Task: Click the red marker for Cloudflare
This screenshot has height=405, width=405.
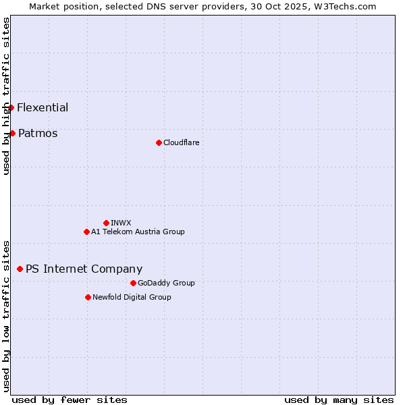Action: click(x=159, y=142)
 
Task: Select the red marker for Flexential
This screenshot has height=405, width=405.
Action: click(x=11, y=107)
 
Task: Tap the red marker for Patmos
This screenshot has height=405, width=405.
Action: click(x=12, y=133)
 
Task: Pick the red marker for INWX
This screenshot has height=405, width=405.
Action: click(x=106, y=223)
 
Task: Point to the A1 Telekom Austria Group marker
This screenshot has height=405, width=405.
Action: click(x=86, y=232)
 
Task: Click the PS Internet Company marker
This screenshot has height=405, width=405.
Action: click(x=20, y=269)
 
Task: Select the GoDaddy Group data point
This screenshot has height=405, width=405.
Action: click(x=133, y=283)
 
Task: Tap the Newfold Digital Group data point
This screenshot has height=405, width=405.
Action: click(x=88, y=297)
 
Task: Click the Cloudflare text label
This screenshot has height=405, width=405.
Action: click(x=181, y=142)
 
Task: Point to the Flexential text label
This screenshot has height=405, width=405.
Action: click(x=43, y=107)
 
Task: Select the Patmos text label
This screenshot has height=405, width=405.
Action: click(x=38, y=133)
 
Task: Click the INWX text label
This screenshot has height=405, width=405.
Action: click(x=121, y=223)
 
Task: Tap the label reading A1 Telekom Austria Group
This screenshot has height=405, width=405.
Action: click(x=138, y=232)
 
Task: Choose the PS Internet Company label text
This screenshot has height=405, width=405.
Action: click(x=84, y=269)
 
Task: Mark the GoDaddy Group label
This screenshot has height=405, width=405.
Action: click(x=166, y=283)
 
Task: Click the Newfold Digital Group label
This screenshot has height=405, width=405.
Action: click(x=132, y=297)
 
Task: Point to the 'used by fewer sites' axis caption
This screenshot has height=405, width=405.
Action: click(x=70, y=400)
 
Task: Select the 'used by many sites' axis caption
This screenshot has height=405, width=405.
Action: click(x=339, y=400)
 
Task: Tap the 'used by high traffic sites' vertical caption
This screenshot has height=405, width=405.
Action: click(x=6, y=96)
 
